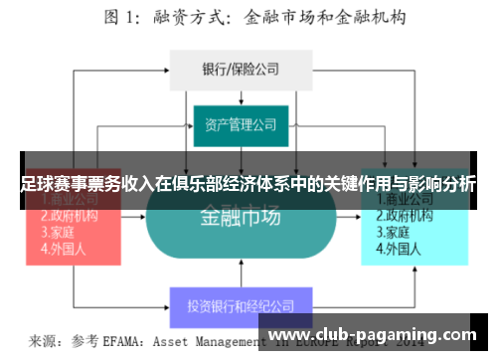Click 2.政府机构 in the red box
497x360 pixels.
tap(69, 215)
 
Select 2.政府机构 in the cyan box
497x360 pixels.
tap(407, 215)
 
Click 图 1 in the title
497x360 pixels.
tap(124, 17)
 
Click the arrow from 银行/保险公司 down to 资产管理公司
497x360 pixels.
tap(242, 94)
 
